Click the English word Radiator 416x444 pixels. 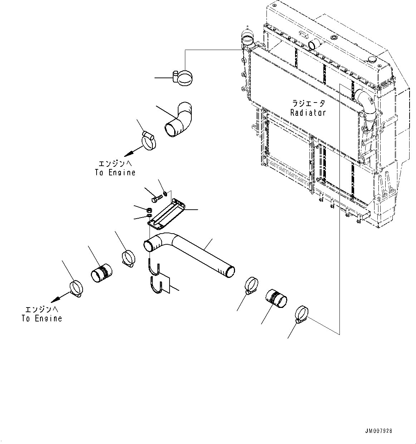(308, 113)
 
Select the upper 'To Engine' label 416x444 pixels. (115, 172)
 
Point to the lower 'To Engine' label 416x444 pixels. (42, 318)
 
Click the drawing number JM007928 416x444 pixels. (379, 431)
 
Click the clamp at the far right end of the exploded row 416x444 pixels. (303, 314)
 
